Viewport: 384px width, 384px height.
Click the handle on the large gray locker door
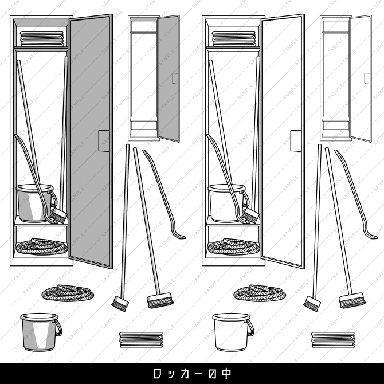coord(104,141)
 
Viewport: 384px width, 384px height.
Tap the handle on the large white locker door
coord(296,141)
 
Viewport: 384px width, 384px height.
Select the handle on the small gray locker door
coord(175,79)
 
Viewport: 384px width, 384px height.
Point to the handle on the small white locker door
coord(367,79)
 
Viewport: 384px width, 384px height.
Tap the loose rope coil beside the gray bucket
coord(67,293)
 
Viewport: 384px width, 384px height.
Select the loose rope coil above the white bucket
coord(259,293)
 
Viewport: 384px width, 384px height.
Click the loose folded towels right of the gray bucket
coord(141,339)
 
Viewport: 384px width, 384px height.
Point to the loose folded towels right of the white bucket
coord(333,339)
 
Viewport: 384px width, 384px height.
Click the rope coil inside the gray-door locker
coord(42,247)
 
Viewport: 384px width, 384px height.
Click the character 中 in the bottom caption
coord(226,374)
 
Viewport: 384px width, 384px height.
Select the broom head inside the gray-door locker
coord(59,216)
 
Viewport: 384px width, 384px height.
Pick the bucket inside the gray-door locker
coord(35,202)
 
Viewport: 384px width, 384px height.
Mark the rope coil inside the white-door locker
coord(234,247)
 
